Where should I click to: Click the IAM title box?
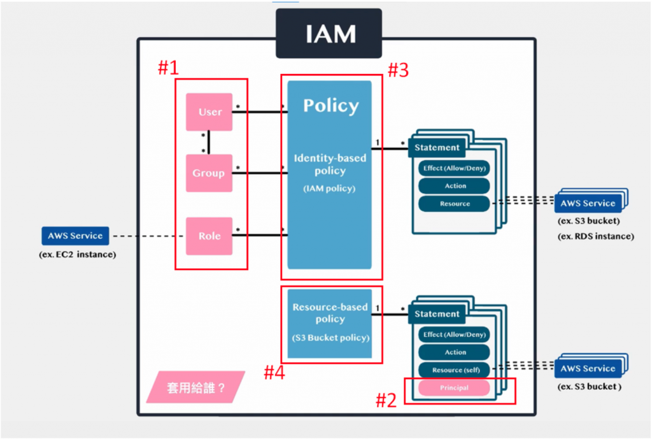328,34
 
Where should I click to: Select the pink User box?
209,112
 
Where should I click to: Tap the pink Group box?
209,173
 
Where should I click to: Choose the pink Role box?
209,236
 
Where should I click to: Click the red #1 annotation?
168,68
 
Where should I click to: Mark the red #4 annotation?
274,373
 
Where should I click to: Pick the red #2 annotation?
386,400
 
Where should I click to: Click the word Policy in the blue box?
330,106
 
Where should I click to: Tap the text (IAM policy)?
329,189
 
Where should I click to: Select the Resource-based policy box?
329,322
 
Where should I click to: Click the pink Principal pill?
454,387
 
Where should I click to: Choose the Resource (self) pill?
455,370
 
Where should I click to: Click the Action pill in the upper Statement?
455,186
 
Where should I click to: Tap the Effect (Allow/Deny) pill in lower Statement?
455,335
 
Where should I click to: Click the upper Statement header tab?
437,148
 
